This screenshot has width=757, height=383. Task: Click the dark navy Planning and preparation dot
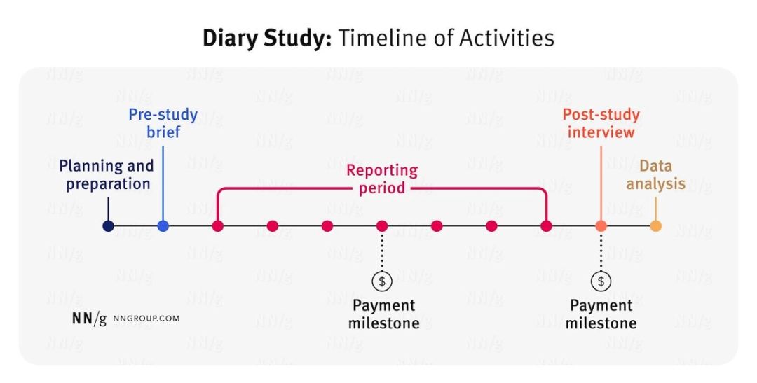[108, 225]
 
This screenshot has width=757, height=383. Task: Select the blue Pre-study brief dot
[163, 225]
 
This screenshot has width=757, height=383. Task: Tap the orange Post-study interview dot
[601, 225]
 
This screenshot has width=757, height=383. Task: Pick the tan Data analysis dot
[655, 225]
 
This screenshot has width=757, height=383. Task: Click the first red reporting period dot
[217, 225]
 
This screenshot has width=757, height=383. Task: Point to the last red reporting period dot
[546, 225]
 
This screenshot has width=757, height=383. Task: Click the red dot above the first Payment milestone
[382, 225]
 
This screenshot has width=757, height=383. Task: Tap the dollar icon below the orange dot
[601, 281]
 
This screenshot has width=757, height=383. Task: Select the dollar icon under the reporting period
[382, 281]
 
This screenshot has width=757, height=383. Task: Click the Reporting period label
[382, 179]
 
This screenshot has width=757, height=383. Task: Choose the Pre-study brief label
[163, 123]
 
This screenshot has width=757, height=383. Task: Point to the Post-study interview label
[601, 123]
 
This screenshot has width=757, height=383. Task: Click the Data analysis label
[655, 175]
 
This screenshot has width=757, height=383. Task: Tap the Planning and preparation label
[107, 175]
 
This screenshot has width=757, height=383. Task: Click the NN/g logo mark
[89, 319]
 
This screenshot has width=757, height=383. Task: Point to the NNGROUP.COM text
[146, 319]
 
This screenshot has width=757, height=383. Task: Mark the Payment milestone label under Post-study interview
[601, 314]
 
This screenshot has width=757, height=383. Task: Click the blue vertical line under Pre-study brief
[163, 182]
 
